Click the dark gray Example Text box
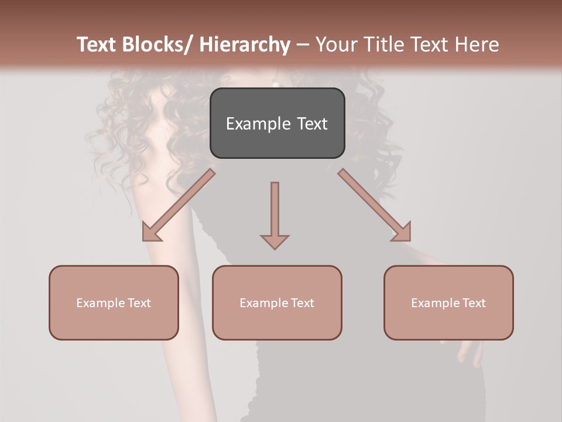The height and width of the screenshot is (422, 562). pyautogui.click(x=277, y=123)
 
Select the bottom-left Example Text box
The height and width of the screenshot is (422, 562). pyautogui.click(x=114, y=302)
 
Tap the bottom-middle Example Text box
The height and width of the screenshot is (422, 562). pyautogui.click(x=277, y=302)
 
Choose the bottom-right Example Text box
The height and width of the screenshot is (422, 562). pyautogui.click(x=448, y=302)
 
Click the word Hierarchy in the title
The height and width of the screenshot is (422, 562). pyautogui.click(x=244, y=45)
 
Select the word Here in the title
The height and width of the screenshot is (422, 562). pyautogui.click(x=478, y=45)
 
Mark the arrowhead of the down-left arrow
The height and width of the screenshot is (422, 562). pyautogui.click(x=150, y=233)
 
